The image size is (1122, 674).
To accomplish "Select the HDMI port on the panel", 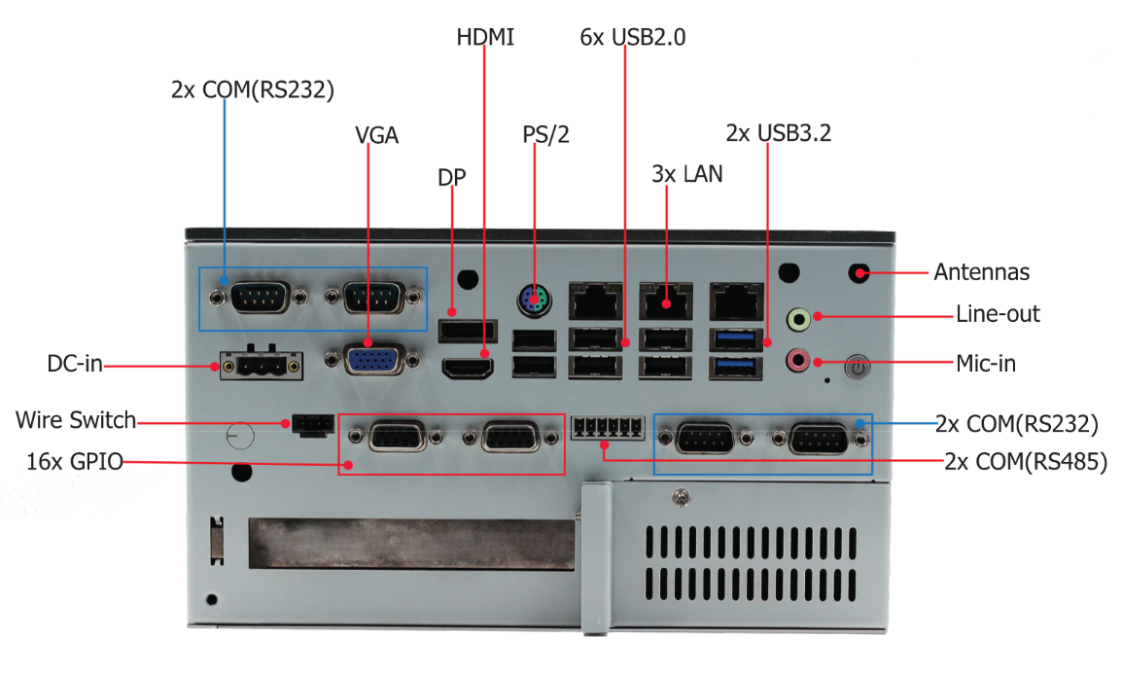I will pos(469,369).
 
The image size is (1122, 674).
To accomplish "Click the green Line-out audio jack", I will pos(798,317).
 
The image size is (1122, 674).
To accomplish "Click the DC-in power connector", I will pos(260,366).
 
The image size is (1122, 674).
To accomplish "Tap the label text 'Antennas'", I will pos(981,272).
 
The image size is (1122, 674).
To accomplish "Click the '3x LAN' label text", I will pos(686,174).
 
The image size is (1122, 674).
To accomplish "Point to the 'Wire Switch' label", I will pos(76,421).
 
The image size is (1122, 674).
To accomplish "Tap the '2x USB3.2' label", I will pos(778,132).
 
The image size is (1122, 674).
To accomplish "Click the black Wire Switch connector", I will pos(311,425).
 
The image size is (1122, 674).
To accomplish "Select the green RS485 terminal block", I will pos(609,427).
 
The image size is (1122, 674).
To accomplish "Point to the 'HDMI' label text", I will pos(485,38).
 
